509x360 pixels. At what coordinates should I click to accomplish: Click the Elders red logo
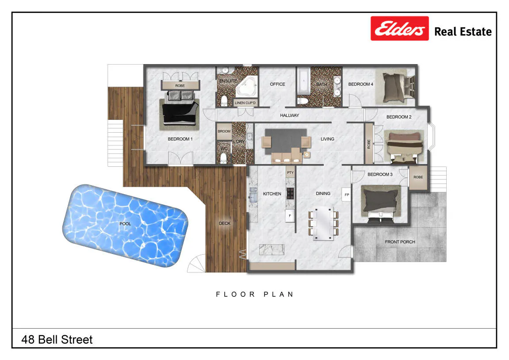(x=399, y=29)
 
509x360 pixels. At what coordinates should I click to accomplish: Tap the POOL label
(x=125, y=224)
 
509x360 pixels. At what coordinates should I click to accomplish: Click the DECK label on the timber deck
(x=224, y=223)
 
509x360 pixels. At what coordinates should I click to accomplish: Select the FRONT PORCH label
(x=400, y=242)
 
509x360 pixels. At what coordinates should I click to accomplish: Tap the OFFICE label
(x=278, y=84)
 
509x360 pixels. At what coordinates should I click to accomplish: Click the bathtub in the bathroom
(x=303, y=81)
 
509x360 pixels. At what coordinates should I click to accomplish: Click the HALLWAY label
(x=290, y=115)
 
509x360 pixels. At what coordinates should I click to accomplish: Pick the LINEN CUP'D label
(x=245, y=103)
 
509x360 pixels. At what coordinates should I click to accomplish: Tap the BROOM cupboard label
(x=224, y=131)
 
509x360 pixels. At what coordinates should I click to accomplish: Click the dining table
(x=323, y=223)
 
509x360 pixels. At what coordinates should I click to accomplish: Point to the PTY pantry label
(x=290, y=172)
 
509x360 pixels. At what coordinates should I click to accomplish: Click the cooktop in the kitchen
(x=290, y=193)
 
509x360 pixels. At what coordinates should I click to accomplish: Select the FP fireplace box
(x=347, y=195)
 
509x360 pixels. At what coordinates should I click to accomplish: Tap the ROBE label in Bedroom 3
(x=418, y=177)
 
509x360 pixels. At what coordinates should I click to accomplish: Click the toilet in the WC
(x=223, y=158)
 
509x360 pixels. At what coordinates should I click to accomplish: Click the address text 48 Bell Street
(x=57, y=340)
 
